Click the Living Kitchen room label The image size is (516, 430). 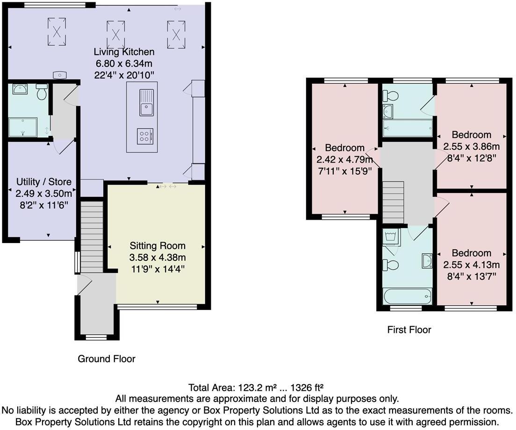pyautogui.click(x=124, y=52)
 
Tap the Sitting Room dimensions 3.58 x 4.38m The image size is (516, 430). pyautogui.click(x=158, y=257)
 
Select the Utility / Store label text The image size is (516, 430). pyautogui.click(x=44, y=182)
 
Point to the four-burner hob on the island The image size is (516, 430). pyautogui.click(x=145, y=136)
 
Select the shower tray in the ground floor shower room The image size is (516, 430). pyautogui.click(x=22, y=127)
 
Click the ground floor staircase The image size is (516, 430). pyautogui.click(x=92, y=237)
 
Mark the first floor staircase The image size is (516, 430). pyautogui.click(x=393, y=202)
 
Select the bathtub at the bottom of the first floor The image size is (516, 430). pyautogui.click(x=407, y=296)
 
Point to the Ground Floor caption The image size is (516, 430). pyautogui.click(x=106, y=359)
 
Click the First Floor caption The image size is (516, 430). pyautogui.click(x=409, y=330)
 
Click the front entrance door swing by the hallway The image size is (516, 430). pyautogui.click(x=84, y=284)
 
